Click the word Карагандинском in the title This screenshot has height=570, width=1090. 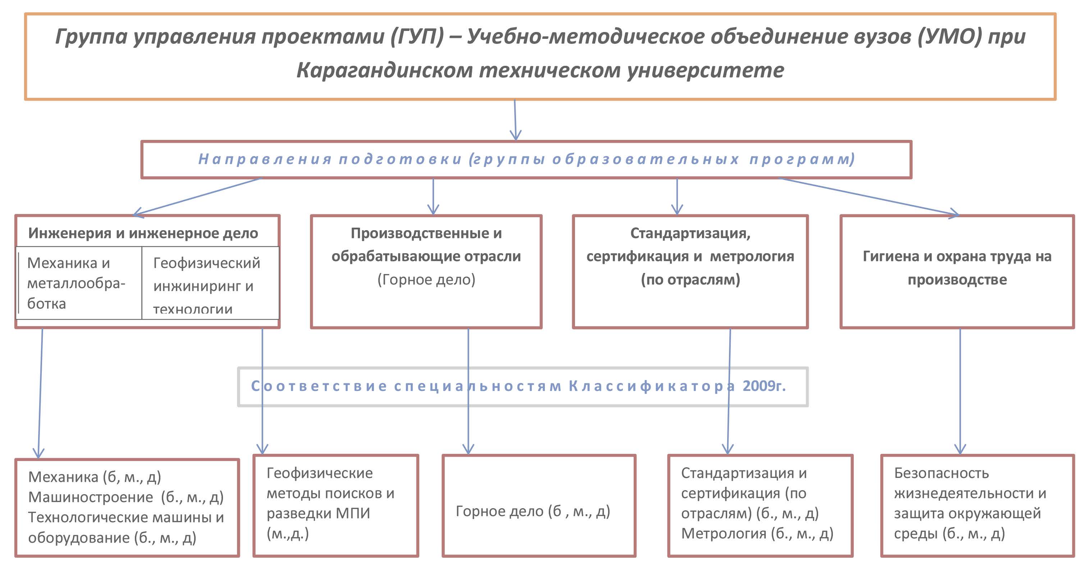tap(384, 70)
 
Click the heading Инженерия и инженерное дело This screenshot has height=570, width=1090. tap(143, 233)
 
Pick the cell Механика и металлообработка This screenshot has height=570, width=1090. tap(76, 283)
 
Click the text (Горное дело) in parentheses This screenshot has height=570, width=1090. tap(426, 279)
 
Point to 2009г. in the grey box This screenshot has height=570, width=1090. tap(764, 386)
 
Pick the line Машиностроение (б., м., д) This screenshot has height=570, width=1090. tap(126, 497)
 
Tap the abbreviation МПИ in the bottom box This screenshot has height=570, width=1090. tap(352, 513)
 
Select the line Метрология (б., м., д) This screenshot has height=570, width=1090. tap(757, 534)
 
